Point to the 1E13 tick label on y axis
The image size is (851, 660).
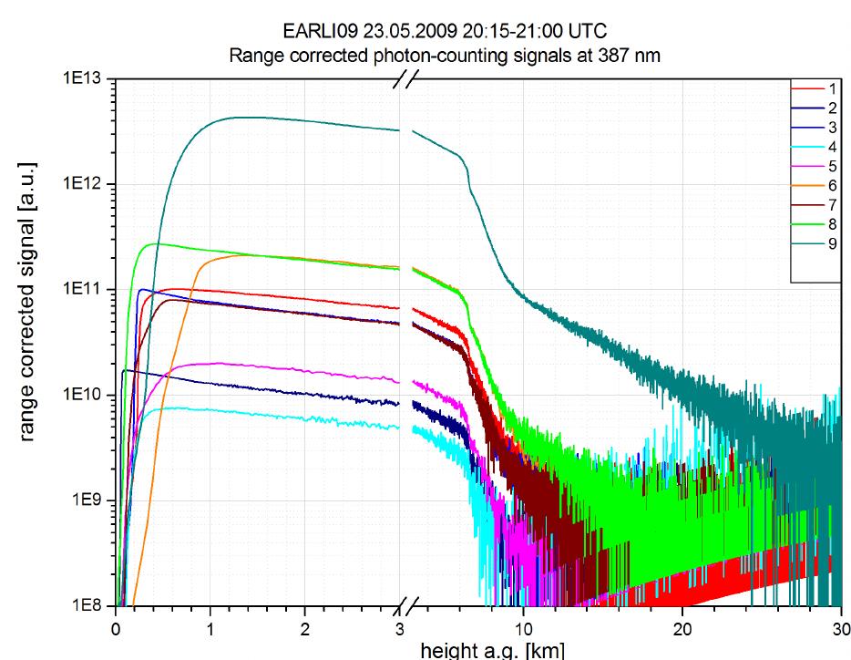click(87, 80)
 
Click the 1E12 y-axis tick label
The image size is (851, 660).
click(87, 185)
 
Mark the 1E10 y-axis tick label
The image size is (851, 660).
click(87, 396)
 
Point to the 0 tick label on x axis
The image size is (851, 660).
click(116, 629)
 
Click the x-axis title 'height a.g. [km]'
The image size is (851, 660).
click(491, 650)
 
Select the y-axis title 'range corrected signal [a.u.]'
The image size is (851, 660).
click(28, 344)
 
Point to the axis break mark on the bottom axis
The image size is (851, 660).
click(406, 606)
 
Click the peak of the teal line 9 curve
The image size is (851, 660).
click(239, 117)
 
